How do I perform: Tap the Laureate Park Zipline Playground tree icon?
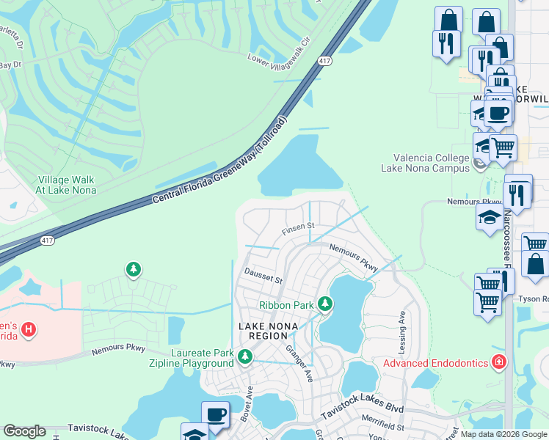pyautogui.click(x=245, y=357)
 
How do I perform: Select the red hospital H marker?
pyautogui.click(x=29, y=330)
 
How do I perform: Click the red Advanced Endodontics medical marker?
pyautogui.click(x=500, y=362)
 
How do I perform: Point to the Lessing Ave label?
pyautogui.click(x=401, y=327)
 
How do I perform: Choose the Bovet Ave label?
pyautogui.click(x=247, y=403)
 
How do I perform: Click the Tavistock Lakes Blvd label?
pyautogui.click(x=363, y=412)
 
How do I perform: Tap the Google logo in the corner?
pyautogui.click(x=25, y=431)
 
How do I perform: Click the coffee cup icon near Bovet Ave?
pyautogui.click(x=215, y=414)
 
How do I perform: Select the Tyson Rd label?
pyautogui.click(x=534, y=299)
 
